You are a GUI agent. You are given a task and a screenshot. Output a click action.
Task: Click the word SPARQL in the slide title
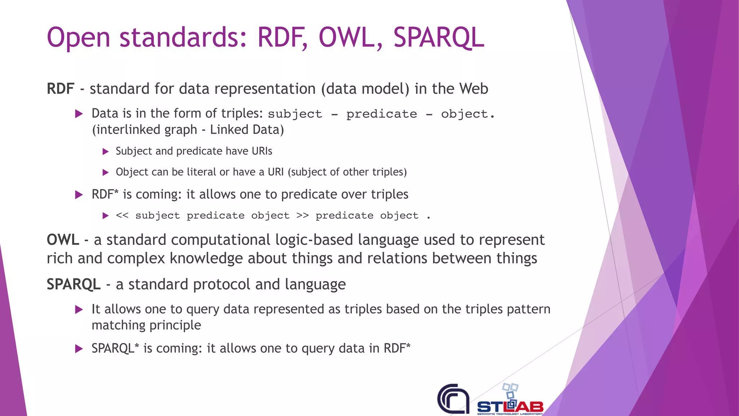tap(438, 38)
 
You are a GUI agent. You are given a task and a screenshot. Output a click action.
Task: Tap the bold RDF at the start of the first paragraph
tap(60, 89)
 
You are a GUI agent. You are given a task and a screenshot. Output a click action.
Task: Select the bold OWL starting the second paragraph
tap(63, 240)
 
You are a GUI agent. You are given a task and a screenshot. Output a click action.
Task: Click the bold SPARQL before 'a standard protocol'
tap(74, 285)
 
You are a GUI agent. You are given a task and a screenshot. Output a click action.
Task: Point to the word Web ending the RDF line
tap(473, 89)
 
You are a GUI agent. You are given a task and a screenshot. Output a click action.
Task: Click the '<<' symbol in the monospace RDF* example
tap(122, 216)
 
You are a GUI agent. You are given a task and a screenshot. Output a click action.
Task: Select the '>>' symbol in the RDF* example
tap(302, 216)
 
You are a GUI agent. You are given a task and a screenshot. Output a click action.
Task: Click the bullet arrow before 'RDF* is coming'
tap(79, 195)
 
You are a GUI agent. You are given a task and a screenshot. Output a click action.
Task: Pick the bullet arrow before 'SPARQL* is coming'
tap(79, 349)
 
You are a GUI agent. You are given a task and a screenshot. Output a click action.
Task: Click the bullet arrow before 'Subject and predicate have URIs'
tap(105, 151)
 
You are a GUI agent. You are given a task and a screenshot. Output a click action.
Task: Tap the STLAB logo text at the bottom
tap(510, 407)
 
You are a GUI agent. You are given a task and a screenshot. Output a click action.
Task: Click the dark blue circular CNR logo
tap(453, 399)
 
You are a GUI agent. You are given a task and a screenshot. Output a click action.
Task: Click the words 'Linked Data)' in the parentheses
tap(247, 130)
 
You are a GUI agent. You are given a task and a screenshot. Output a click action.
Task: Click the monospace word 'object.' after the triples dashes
tap(468, 114)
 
